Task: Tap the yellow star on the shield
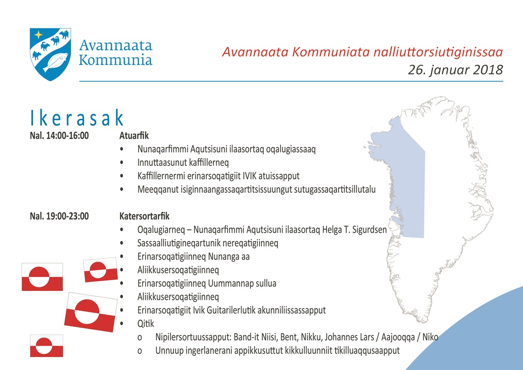click(39, 34)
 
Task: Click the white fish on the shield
click(56, 62)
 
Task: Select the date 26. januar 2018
click(455, 70)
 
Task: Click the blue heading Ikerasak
click(77, 118)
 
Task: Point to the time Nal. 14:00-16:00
click(59, 136)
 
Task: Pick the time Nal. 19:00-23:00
click(59, 216)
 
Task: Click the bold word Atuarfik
click(134, 136)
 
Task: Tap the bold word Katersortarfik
click(145, 216)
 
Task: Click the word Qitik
click(146, 324)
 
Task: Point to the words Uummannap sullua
click(242, 284)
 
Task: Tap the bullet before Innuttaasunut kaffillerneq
click(122, 163)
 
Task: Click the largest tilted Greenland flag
click(90, 312)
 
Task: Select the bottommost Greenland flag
click(46, 346)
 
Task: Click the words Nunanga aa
click(229, 257)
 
